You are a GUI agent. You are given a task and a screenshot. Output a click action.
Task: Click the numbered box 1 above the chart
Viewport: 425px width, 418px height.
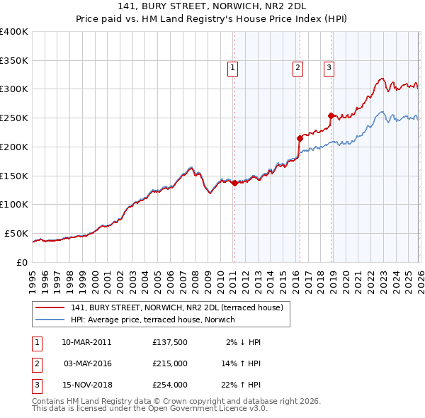(x=232, y=68)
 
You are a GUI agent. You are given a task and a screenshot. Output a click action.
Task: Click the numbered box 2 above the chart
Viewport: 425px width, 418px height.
(x=297, y=68)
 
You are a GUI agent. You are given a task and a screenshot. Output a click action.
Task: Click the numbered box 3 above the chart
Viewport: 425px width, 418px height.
(x=329, y=68)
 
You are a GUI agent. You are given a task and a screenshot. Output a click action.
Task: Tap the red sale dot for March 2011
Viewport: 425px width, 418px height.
(x=234, y=183)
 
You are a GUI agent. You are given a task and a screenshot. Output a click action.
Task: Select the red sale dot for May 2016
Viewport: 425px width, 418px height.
(x=299, y=138)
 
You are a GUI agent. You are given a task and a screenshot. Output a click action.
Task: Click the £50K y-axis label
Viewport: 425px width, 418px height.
(x=16, y=233)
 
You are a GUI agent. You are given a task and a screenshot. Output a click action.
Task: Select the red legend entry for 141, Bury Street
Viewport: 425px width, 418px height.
(x=176, y=307)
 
